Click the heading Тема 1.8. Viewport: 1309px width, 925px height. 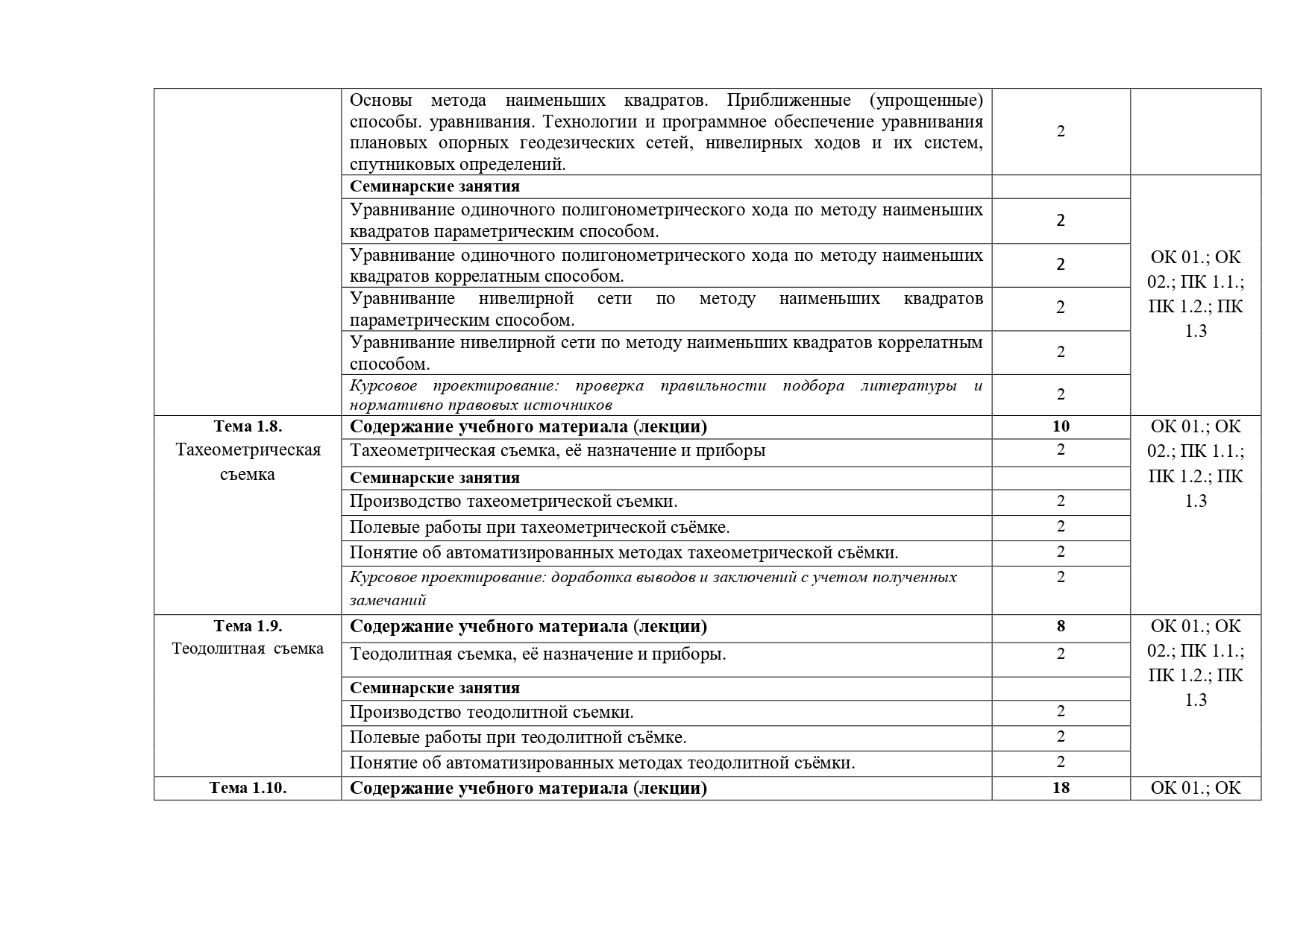(x=248, y=426)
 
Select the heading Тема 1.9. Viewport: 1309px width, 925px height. (x=248, y=626)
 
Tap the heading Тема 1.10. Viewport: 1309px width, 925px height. (x=248, y=789)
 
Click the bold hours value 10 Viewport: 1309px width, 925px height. (x=1061, y=426)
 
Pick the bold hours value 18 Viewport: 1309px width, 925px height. (x=1061, y=788)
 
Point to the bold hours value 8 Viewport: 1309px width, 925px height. (x=1061, y=626)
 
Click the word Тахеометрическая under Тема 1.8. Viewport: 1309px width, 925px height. (x=248, y=450)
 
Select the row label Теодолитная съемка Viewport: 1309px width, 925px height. (x=248, y=648)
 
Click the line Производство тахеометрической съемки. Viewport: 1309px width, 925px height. (x=513, y=502)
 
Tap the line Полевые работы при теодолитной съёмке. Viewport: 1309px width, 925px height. (x=518, y=738)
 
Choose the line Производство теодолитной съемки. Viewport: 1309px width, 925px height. (x=492, y=713)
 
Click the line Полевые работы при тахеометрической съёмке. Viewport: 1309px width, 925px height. (x=539, y=528)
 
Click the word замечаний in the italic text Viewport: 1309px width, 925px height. (x=388, y=600)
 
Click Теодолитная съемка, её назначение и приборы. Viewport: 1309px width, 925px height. (x=538, y=654)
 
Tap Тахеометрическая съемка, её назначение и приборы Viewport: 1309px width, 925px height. (x=557, y=451)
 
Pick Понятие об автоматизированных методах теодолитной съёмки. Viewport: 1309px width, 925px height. (x=602, y=763)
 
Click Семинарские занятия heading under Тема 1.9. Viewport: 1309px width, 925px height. (x=435, y=688)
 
